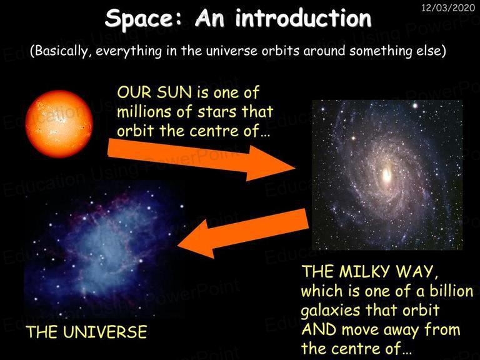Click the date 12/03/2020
click(448, 7)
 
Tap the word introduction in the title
click(303, 18)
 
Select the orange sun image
click(59, 124)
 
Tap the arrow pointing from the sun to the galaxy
click(201, 159)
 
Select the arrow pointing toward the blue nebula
click(242, 232)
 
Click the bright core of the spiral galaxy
click(387, 175)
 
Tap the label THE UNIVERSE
click(86, 332)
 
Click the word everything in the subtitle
click(129, 51)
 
